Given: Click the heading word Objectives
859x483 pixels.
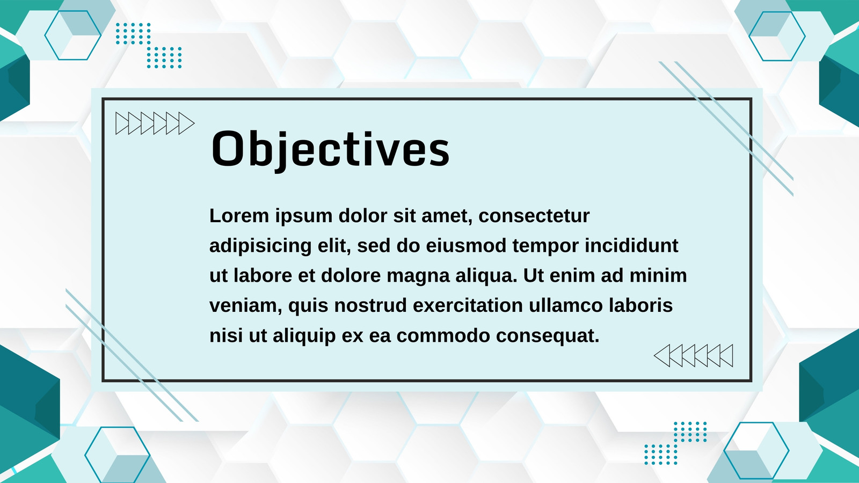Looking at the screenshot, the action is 330,150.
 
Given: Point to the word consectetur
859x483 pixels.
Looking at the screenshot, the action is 534,216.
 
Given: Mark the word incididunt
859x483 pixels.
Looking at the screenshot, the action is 631,245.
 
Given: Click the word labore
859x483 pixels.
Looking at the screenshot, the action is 263,275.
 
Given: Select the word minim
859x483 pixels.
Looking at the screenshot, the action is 658,275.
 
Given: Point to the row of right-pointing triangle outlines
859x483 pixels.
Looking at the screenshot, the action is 155,123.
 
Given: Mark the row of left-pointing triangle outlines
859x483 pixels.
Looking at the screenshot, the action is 693,356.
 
